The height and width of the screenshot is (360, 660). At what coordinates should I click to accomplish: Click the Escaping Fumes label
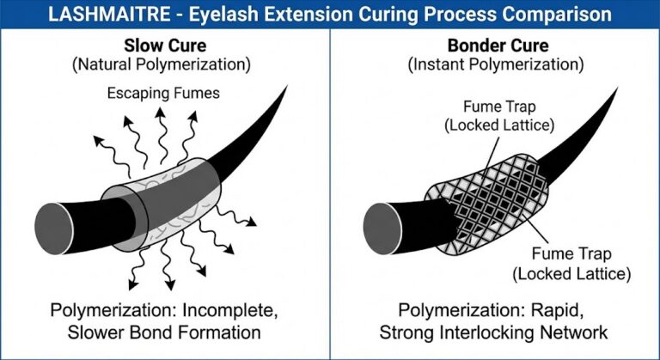click(164, 92)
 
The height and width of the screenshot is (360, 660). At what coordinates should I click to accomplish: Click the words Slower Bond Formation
click(168, 332)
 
